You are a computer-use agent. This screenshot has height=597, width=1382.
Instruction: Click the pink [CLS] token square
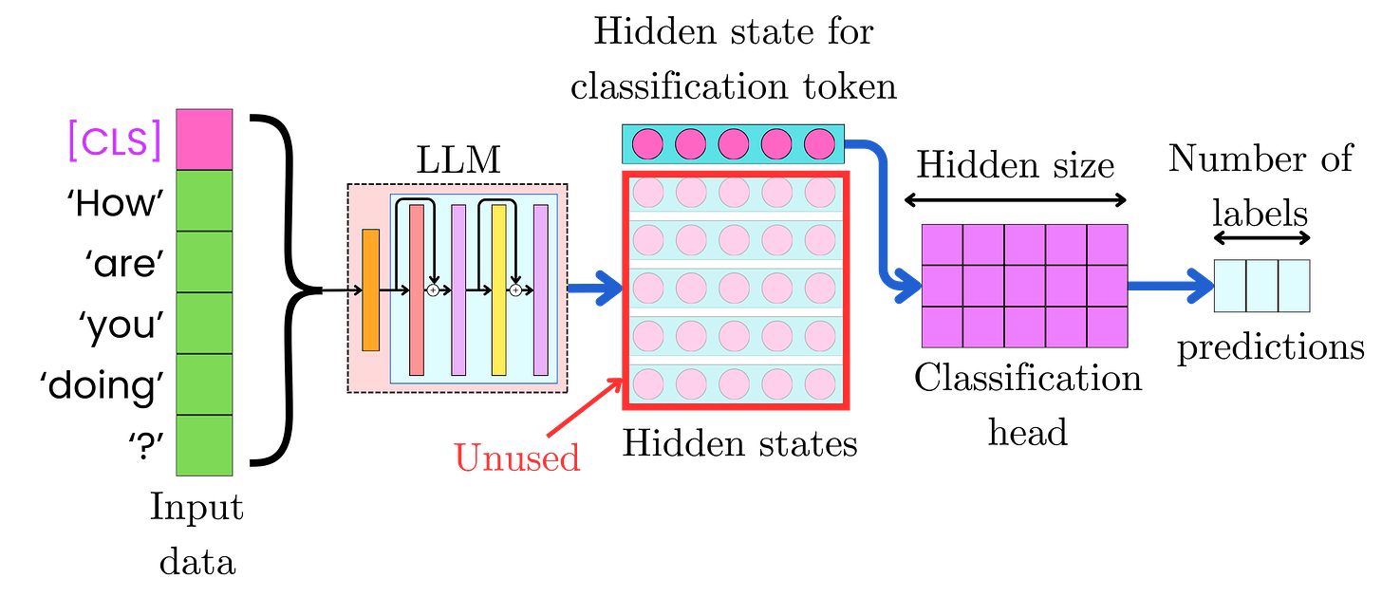click(204, 139)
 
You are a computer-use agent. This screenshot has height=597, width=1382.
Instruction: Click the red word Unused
click(516, 457)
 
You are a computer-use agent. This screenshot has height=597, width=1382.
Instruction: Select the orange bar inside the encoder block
click(370, 289)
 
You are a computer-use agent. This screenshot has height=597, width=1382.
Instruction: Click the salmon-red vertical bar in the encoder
click(416, 289)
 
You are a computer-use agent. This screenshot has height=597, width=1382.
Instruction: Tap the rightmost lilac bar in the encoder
click(541, 289)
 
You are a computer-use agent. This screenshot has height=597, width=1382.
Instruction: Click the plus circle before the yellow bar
click(433, 289)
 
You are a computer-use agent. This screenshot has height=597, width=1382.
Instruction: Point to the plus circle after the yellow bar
click(515, 289)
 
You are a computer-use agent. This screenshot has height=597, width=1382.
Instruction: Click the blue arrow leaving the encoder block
click(593, 289)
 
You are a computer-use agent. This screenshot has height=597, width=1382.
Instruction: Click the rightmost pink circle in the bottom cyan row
click(819, 383)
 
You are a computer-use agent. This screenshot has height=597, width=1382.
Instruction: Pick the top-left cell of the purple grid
click(943, 245)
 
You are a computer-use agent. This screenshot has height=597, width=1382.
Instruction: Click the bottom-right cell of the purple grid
click(1107, 327)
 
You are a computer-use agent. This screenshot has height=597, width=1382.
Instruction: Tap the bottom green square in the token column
click(204, 445)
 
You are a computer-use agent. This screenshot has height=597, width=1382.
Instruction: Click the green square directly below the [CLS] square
click(204, 200)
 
